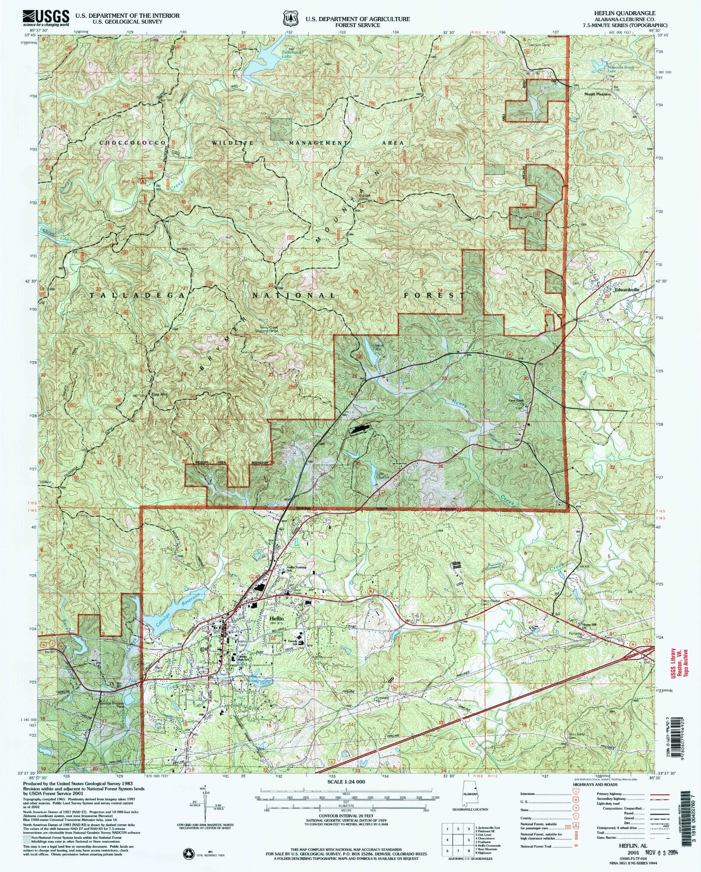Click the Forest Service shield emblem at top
tap(289, 20)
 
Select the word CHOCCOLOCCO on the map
tap(132, 143)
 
